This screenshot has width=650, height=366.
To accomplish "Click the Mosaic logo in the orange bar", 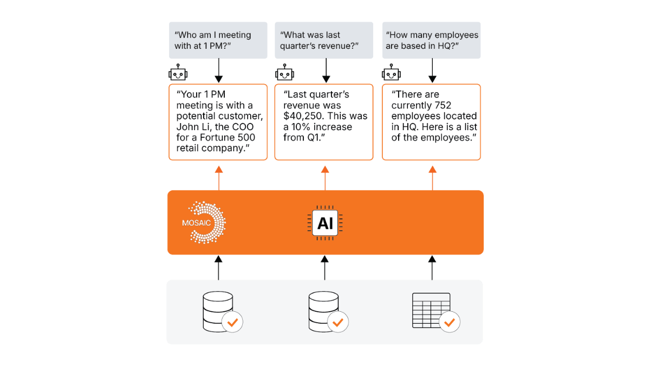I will click(x=206, y=222).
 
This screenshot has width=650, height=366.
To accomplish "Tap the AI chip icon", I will click(x=325, y=223).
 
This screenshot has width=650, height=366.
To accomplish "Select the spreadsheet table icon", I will click(x=431, y=310).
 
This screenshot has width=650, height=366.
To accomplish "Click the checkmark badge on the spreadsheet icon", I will click(x=449, y=322).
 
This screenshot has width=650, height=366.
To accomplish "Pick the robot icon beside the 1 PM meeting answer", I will click(x=178, y=74).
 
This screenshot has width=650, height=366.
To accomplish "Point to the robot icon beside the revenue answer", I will click(x=284, y=74).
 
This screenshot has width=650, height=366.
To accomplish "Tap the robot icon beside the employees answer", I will click(x=391, y=74).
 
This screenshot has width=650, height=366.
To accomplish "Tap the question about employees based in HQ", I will click(x=432, y=40).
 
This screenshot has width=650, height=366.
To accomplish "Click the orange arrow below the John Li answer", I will click(x=219, y=177).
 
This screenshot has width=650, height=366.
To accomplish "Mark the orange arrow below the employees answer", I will click(x=432, y=177).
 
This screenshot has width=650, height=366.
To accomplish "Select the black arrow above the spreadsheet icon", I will click(x=432, y=267).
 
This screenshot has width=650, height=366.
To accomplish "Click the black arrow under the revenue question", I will click(x=326, y=70).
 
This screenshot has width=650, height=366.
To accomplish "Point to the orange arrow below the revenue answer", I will click(x=325, y=177).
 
